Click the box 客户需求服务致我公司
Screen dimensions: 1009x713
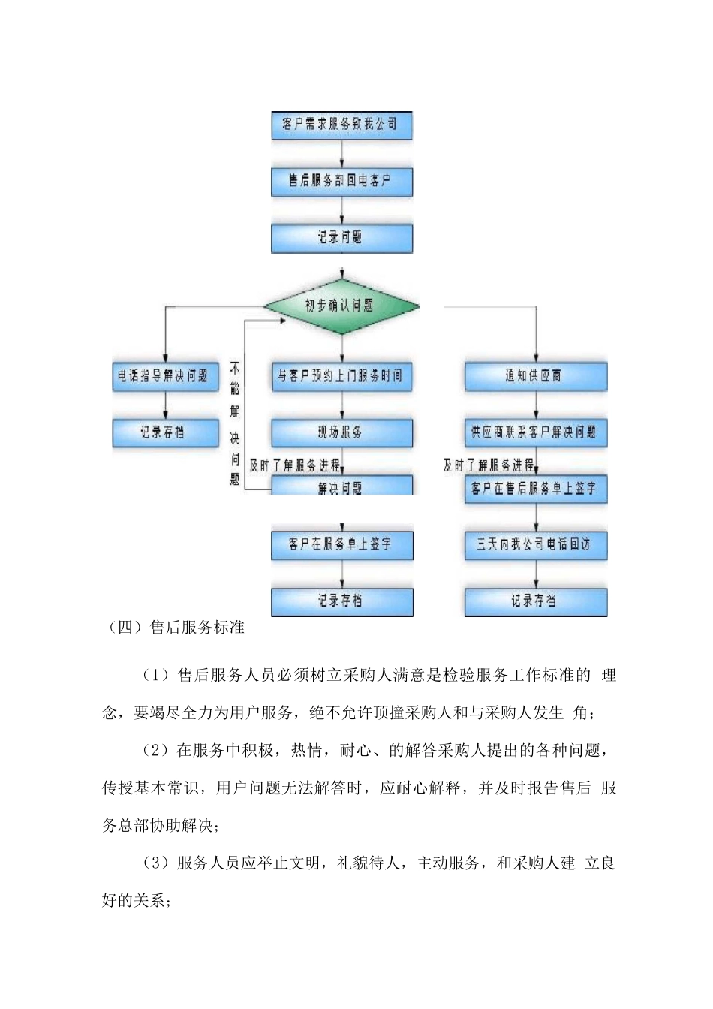(341, 125)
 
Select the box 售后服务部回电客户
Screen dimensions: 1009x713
(341, 181)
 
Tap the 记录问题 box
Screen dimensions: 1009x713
(341, 238)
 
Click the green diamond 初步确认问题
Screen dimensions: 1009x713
(341, 306)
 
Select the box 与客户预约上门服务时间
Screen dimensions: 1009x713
(341, 376)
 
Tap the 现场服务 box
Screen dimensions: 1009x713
(341, 432)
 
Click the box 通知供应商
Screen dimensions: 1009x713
(535, 376)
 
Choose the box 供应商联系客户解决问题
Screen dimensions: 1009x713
(535, 432)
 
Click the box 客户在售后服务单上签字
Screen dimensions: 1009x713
(535, 489)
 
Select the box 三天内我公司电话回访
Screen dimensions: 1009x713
(535, 544)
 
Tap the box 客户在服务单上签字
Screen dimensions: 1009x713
(341, 544)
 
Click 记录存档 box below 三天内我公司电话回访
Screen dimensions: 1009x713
(535, 601)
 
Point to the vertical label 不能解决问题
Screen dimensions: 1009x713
(235, 423)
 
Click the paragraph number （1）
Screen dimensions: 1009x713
(157, 676)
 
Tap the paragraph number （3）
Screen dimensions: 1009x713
(157, 863)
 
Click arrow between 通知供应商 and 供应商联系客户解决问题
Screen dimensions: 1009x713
(536, 405)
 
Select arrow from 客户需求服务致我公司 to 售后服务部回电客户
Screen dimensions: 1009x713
(342, 153)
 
